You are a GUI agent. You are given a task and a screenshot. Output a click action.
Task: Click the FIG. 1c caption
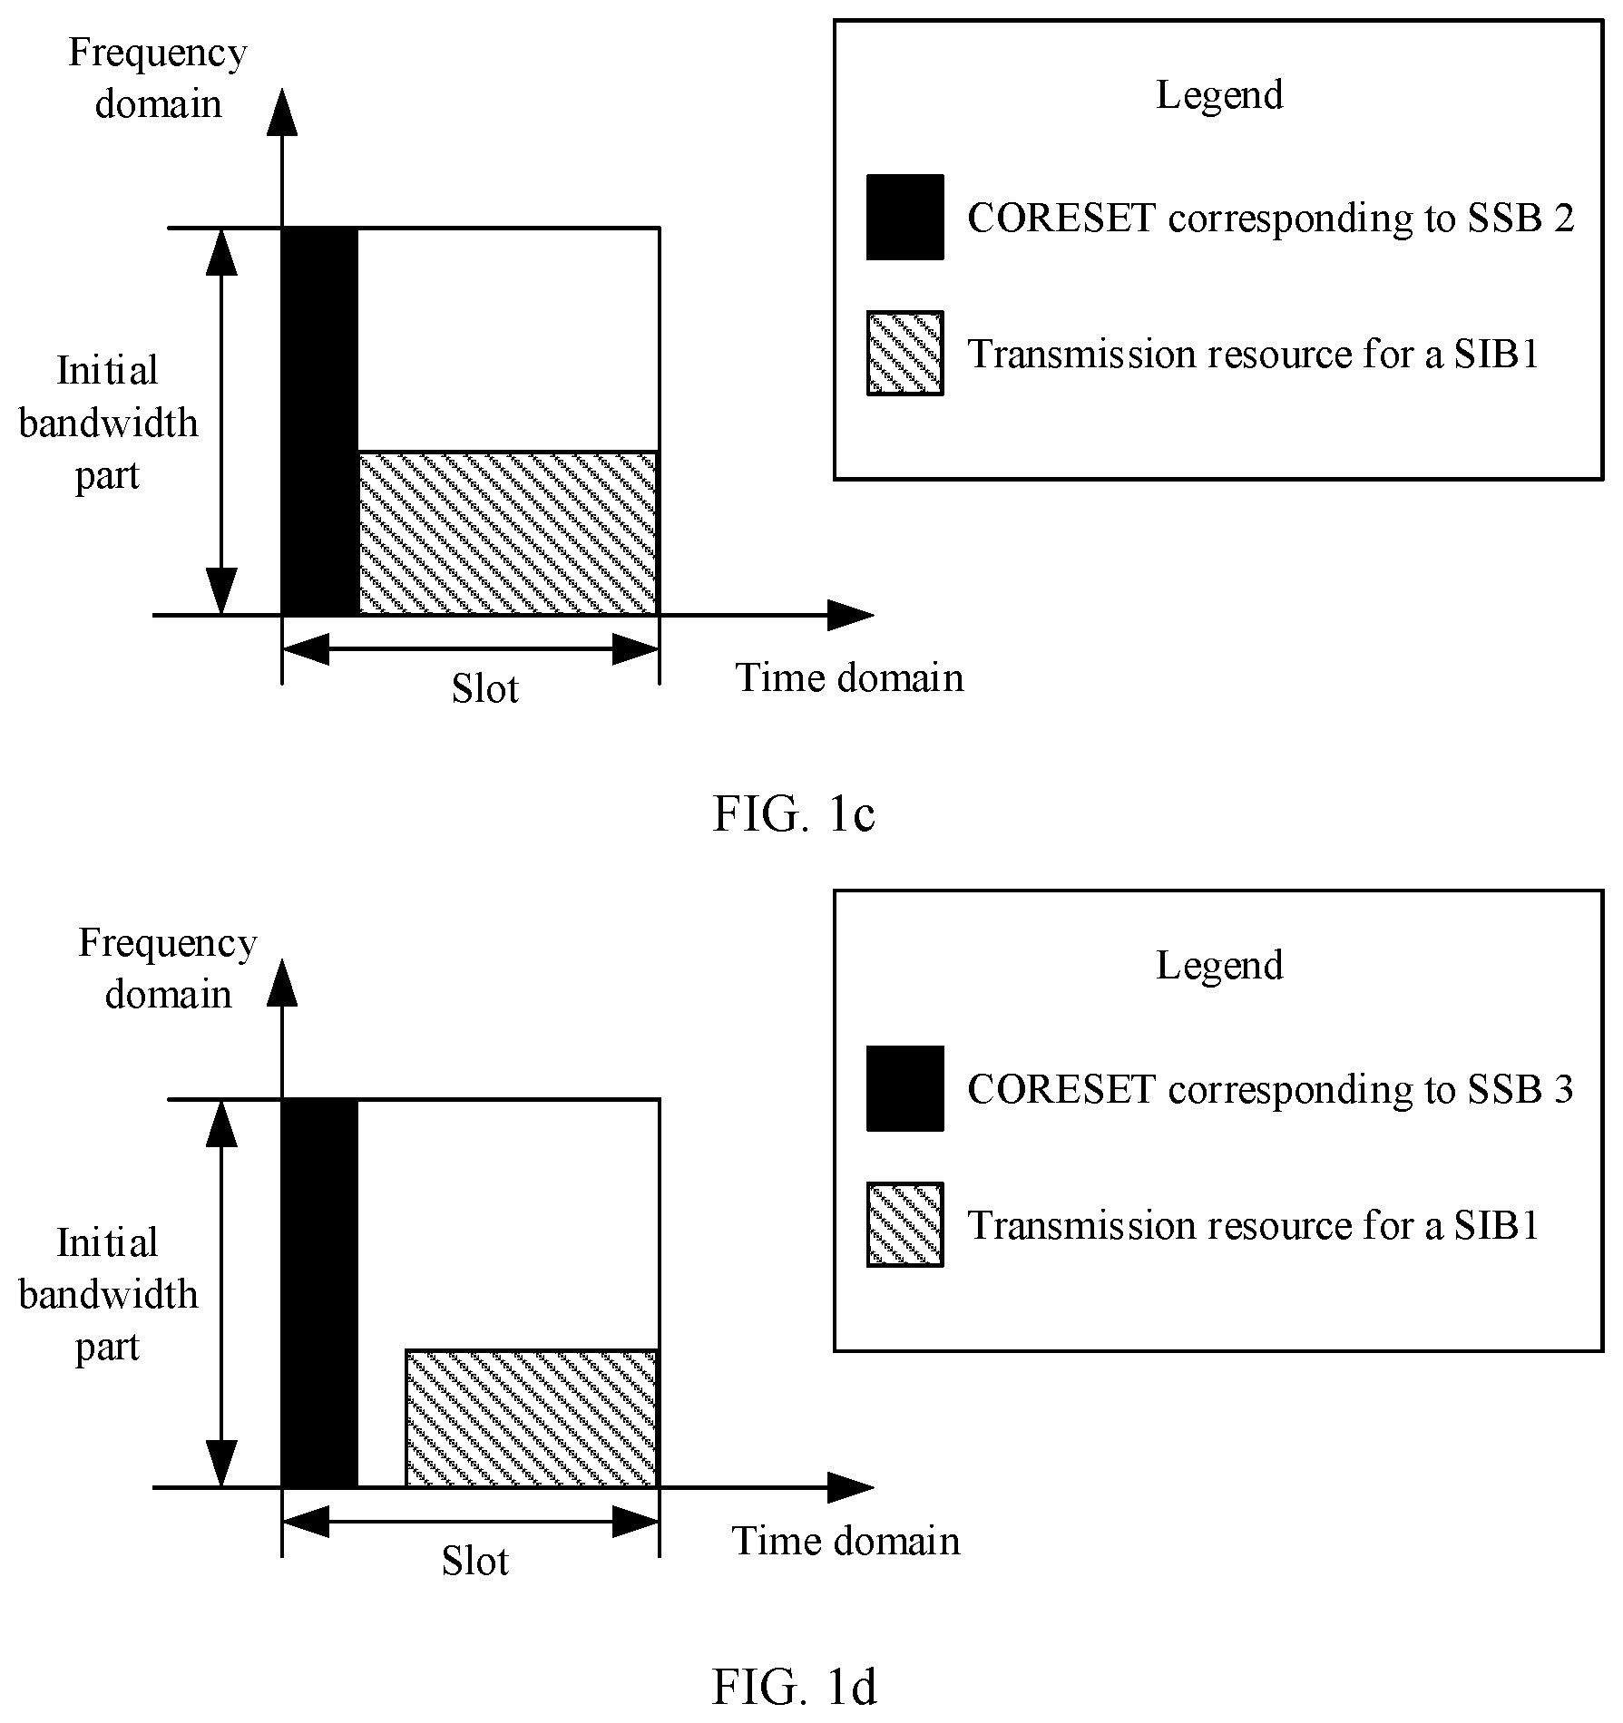[x=794, y=813]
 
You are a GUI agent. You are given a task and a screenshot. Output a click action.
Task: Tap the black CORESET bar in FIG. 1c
[x=320, y=422]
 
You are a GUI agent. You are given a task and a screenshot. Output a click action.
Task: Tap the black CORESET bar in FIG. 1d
[x=320, y=1293]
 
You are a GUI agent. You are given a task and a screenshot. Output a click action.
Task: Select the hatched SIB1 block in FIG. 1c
[x=508, y=533]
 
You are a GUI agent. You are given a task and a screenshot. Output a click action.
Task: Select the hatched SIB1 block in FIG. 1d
[x=532, y=1418]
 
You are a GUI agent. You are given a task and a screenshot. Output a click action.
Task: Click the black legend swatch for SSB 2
[x=905, y=218]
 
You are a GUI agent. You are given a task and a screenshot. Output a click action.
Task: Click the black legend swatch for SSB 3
[x=905, y=1088]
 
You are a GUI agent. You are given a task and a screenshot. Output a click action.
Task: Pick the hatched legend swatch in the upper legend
[x=905, y=354]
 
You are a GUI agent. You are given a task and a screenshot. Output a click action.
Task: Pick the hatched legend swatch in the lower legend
[x=905, y=1224]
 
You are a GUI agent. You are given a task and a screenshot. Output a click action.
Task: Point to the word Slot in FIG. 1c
[x=485, y=689]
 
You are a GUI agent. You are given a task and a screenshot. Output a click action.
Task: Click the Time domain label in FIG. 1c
[x=849, y=678]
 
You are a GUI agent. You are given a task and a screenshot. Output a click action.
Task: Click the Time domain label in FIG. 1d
[x=846, y=1542]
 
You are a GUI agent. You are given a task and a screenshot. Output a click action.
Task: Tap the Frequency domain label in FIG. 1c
[x=158, y=78]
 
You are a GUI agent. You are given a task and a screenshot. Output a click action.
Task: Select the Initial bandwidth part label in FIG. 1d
[x=108, y=1294]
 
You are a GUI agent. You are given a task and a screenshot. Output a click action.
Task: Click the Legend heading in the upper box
[x=1219, y=95]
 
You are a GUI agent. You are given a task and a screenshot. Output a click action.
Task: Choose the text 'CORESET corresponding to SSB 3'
[x=1271, y=1089]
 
